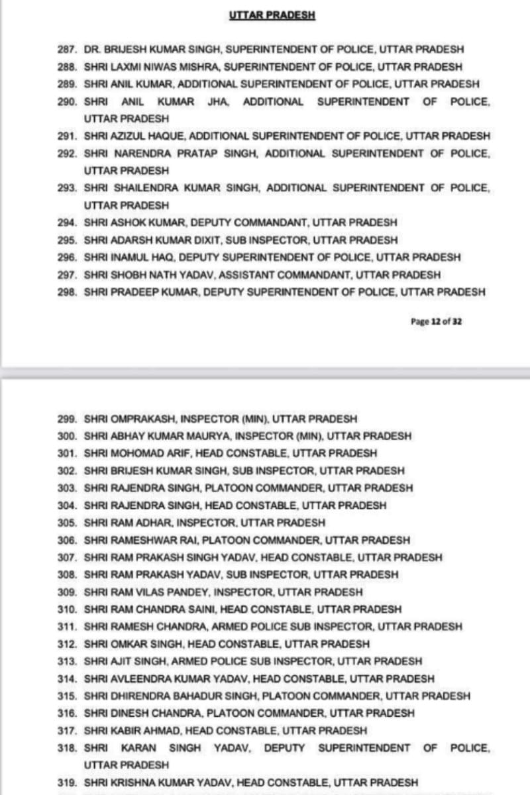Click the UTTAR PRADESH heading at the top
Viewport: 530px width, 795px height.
coord(272,15)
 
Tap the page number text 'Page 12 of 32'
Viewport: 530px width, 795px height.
coord(436,320)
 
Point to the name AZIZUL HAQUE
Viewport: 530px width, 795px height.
coord(142,136)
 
